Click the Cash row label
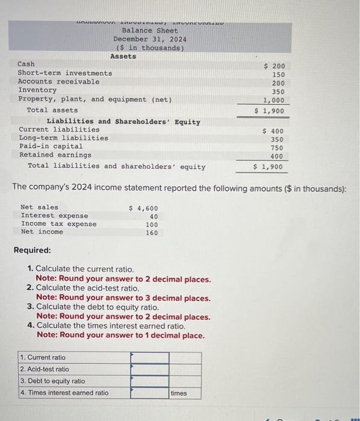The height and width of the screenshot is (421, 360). point(26,64)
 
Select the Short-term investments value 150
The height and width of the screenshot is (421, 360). point(278,75)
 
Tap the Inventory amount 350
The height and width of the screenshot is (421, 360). point(278,92)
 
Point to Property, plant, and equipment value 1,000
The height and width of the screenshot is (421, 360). point(274,101)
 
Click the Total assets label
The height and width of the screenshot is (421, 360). point(52,110)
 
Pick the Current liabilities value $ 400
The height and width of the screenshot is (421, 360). point(274,131)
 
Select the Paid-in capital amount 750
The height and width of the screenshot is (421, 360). point(276,148)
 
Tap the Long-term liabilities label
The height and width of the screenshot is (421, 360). point(64,138)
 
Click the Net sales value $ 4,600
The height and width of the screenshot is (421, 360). point(144,208)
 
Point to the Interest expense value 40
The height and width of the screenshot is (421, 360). point(154,217)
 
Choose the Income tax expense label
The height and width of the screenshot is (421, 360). point(58,224)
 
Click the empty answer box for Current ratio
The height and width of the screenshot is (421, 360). point(150,357)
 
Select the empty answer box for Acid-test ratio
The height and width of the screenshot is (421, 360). point(150,369)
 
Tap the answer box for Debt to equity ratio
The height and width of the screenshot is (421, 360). point(150,381)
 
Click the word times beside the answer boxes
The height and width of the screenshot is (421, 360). point(179,393)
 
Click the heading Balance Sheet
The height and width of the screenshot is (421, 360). point(150,30)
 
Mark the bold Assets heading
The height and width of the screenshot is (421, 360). point(123,57)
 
